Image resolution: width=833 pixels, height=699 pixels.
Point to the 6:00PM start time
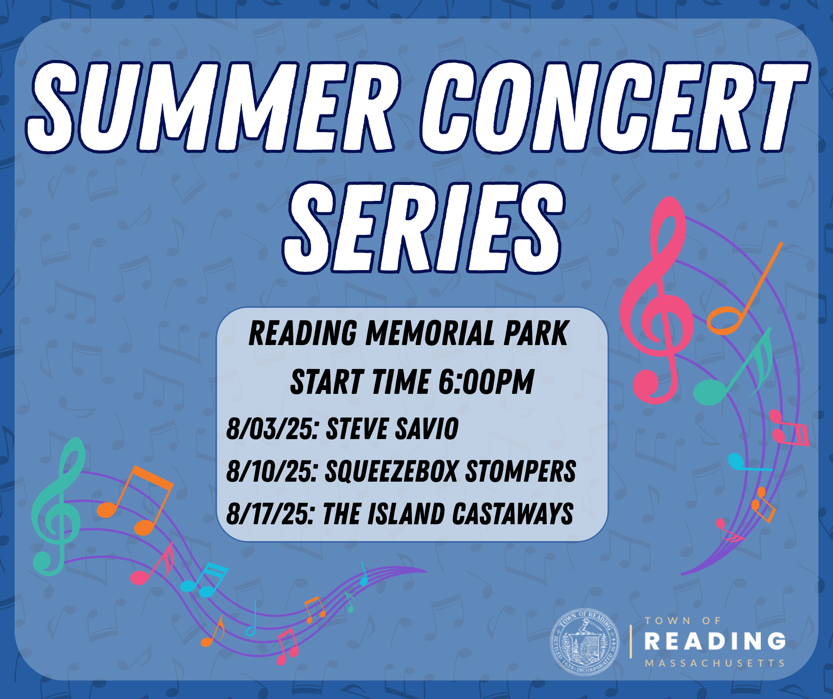point(486,382)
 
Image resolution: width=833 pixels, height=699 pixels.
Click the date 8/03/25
point(272,429)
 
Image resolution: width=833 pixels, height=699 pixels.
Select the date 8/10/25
point(272,471)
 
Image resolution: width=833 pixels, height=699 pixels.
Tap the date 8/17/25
point(271,514)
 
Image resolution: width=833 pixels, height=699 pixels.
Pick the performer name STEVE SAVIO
point(392,429)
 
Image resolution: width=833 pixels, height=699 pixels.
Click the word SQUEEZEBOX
point(391,471)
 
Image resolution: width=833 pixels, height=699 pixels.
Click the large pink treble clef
point(656,302)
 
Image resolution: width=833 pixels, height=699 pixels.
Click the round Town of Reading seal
point(584,641)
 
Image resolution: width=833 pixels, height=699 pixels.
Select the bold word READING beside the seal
point(715,641)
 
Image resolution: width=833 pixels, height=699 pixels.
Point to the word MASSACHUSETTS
point(715,664)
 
